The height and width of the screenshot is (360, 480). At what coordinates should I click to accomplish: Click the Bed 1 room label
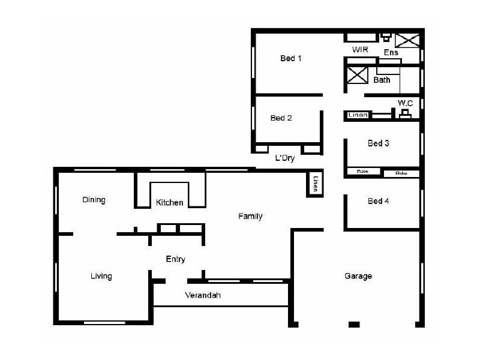(290, 58)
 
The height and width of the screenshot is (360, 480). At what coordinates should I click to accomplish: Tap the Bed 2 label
(281, 118)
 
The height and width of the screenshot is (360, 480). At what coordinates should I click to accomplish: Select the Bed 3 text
(379, 143)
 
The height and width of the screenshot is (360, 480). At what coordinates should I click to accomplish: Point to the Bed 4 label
(379, 201)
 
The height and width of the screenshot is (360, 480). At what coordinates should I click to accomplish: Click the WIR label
(360, 49)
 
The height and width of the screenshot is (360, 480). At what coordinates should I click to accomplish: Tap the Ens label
(392, 52)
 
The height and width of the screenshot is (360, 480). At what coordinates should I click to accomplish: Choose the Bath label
(382, 80)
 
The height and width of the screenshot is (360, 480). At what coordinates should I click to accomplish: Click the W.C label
(405, 103)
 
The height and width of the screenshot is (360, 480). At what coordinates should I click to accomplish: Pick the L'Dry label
(284, 159)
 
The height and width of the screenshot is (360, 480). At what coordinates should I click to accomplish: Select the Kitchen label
(170, 203)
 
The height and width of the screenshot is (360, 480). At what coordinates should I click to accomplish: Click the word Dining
(94, 200)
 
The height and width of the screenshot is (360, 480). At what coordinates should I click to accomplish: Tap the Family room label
(250, 216)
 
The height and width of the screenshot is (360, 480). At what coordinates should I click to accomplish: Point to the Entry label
(175, 259)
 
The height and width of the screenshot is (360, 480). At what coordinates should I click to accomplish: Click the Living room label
(101, 276)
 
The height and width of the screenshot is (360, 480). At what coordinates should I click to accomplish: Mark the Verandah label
(203, 295)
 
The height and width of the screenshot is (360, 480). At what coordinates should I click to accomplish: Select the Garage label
(358, 276)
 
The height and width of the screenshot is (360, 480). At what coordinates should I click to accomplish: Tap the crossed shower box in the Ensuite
(408, 40)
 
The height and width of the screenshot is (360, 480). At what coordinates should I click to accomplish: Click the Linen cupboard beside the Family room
(315, 184)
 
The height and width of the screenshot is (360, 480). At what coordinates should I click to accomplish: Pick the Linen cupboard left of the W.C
(358, 115)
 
